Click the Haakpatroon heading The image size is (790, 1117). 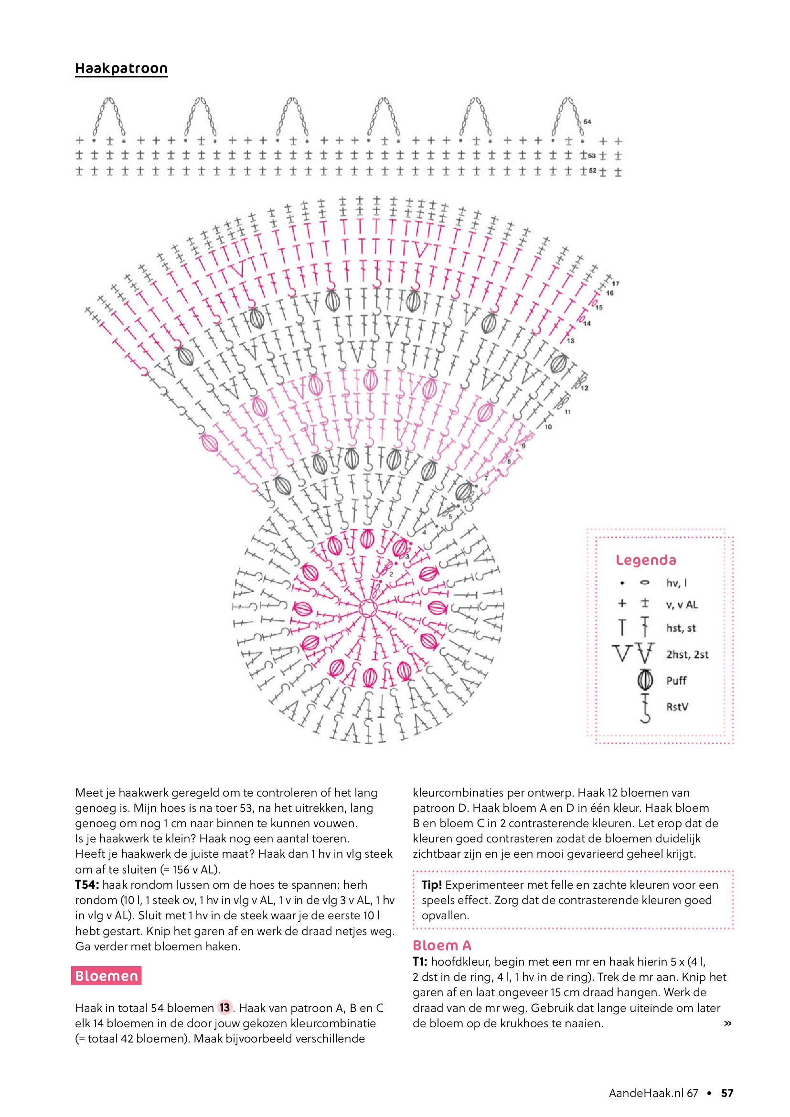click(121, 69)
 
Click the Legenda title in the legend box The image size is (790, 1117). click(646, 560)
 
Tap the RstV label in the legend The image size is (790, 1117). click(677, 706)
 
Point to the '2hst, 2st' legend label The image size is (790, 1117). click(687, 654)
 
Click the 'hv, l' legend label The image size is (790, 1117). click(676, 583)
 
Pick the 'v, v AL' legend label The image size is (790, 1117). click(682, 605)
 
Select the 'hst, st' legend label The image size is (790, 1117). click(681, 628)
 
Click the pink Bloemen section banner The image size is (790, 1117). click(106, 976)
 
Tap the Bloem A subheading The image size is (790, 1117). click(442, 945)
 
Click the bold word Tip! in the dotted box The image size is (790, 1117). click(431, 885)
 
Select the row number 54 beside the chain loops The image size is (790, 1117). click(587, 122)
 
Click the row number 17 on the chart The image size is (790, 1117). click(615, 284)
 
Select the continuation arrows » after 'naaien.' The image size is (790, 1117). click(728, 1023)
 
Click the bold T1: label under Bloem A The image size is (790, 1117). click(420, 961)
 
